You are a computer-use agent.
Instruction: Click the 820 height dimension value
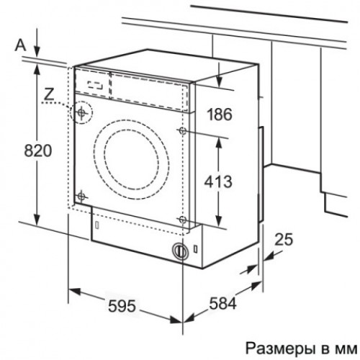click(38, 150)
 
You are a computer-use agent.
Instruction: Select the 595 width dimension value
click(122, 306)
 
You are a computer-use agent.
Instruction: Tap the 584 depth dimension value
click(222, 303)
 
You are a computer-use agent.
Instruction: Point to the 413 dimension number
click(218, 181)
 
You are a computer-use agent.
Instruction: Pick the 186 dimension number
click(220, 114)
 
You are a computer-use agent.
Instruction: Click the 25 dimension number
click(284, 239)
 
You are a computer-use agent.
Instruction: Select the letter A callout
click(20, 45)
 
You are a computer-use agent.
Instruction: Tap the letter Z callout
click(49, 94)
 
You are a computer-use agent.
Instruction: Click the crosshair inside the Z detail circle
click(81, 112)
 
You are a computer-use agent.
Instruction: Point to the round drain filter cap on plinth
click(180, 251)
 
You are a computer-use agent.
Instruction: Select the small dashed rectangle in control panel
click(95, 85)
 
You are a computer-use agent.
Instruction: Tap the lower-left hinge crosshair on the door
click(81, 197)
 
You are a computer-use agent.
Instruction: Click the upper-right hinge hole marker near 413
click(183, 131)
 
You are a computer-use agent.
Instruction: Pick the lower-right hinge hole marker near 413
click(182, 219)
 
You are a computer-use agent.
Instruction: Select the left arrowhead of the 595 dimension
click(74, 291)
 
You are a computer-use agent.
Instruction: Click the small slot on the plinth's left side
click(97, 225)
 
